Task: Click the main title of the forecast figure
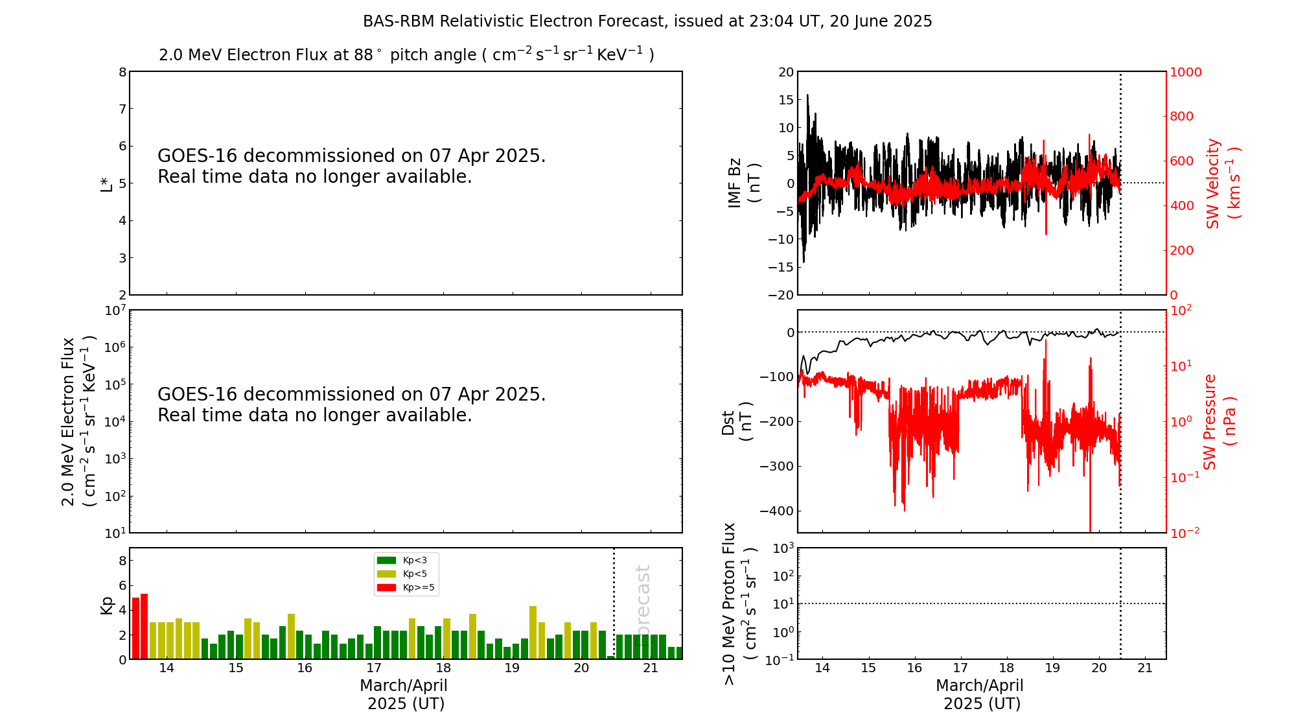point(647,21)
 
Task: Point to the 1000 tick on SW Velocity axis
point(1185,72)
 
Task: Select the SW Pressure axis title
point(1219,421)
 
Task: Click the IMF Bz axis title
point(743,183)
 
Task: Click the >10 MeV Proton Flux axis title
point(739,603)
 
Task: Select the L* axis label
point(106,184)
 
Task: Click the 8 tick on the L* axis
point(122,72)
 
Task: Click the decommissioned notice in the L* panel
point(351,167)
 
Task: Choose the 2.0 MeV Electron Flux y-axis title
point(78,421)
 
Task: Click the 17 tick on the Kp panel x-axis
point(374,668)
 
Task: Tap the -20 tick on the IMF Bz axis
point(781,295)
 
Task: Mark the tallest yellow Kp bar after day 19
point(533,633)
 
